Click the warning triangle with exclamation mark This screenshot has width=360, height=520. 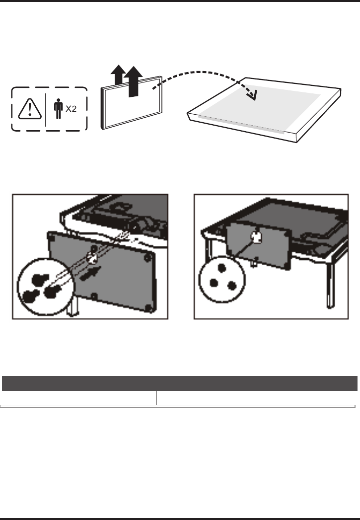pyautogui.click(x=30, y=109)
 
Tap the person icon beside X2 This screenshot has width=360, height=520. pyautogui.click(x=58, y=109)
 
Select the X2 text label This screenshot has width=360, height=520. pyautogui.click(x=71, y=109)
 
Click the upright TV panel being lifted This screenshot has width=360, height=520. pyautogui.click(x=132, y=103)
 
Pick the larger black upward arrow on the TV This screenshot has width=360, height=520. pyautogui.click(x=133, y=81)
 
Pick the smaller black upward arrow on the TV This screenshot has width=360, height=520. pyautogui.click(x=118, y=75)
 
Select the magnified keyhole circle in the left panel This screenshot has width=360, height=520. pyautogui.click(x=46, y=287)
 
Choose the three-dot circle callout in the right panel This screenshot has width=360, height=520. pyautogui.click(x=222, y=279)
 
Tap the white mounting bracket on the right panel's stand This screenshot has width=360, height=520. pyautogui.click(x=256, y=237)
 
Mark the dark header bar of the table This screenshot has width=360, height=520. pyautogui.click(x=180, y=383)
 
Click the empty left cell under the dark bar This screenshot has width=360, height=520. pyautogui.click(x=78, y=398)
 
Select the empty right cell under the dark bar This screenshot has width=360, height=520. pyautogui.click(x=256, y=398)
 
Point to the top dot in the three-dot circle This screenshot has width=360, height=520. pyautogui.click(x=222, y=268)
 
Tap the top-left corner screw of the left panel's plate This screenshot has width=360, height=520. pyautogui.click(x=51, y=237)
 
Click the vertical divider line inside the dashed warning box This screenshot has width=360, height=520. pyautogui.click(x=45, y=110)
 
